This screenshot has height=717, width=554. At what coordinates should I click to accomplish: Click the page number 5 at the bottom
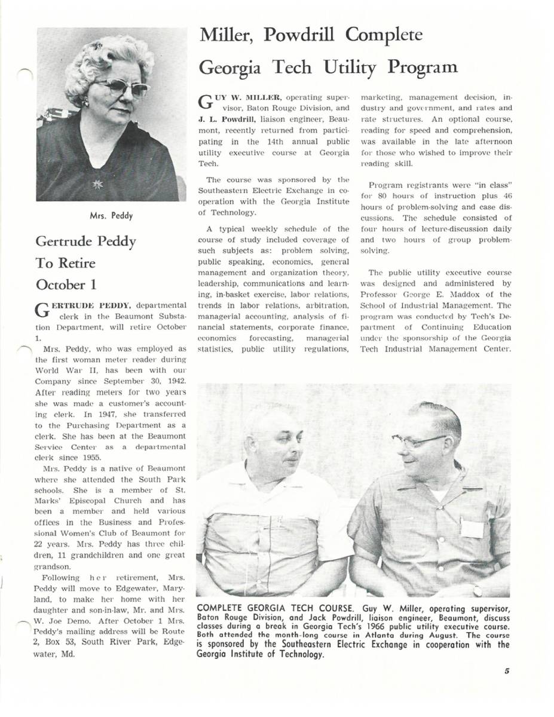[x=506, y=671]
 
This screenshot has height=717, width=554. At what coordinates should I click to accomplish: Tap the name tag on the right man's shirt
[x=472, y=528]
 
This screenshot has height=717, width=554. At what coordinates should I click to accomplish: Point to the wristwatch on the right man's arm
[x=477, y=590]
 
